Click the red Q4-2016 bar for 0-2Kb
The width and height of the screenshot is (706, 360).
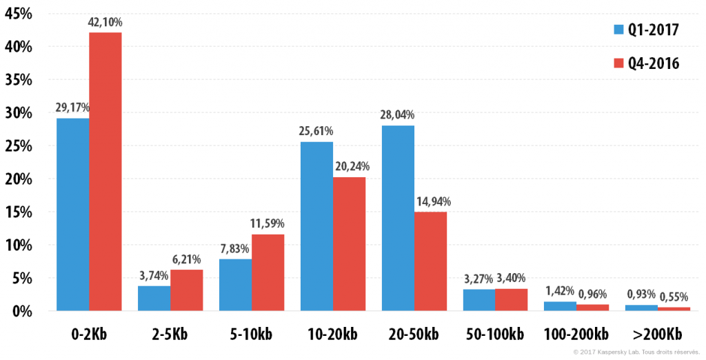coord(105,171)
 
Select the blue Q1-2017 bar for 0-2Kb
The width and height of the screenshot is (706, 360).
coord(73,214)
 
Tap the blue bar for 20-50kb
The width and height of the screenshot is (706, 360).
coord(398,218)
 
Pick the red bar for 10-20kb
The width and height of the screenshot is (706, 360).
coord(350,243)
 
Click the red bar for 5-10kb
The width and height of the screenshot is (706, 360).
coord(268,272)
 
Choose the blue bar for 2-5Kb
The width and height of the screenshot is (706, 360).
coord(154,298)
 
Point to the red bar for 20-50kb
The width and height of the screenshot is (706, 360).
coord(430,261)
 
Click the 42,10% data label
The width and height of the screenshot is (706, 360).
coord(105,22)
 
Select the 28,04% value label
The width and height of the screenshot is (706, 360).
coord(397,115)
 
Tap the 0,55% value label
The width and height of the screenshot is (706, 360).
coord(674,297)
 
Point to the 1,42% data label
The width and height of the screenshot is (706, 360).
coord(560,290)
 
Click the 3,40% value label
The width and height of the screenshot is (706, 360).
coord(511,278)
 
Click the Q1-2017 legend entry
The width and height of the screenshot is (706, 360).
coord(646,30)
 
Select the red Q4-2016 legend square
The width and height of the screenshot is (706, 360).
coord(618,63)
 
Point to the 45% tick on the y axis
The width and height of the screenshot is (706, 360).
coord(19,14)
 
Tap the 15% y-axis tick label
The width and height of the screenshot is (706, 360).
coord(19,212)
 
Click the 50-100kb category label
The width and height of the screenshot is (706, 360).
coord(494,334)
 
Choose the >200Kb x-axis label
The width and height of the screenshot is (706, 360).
coord(657,334)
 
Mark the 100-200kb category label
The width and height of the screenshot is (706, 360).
coord(576,334)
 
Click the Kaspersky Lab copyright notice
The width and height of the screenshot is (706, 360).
coord(636,352)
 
